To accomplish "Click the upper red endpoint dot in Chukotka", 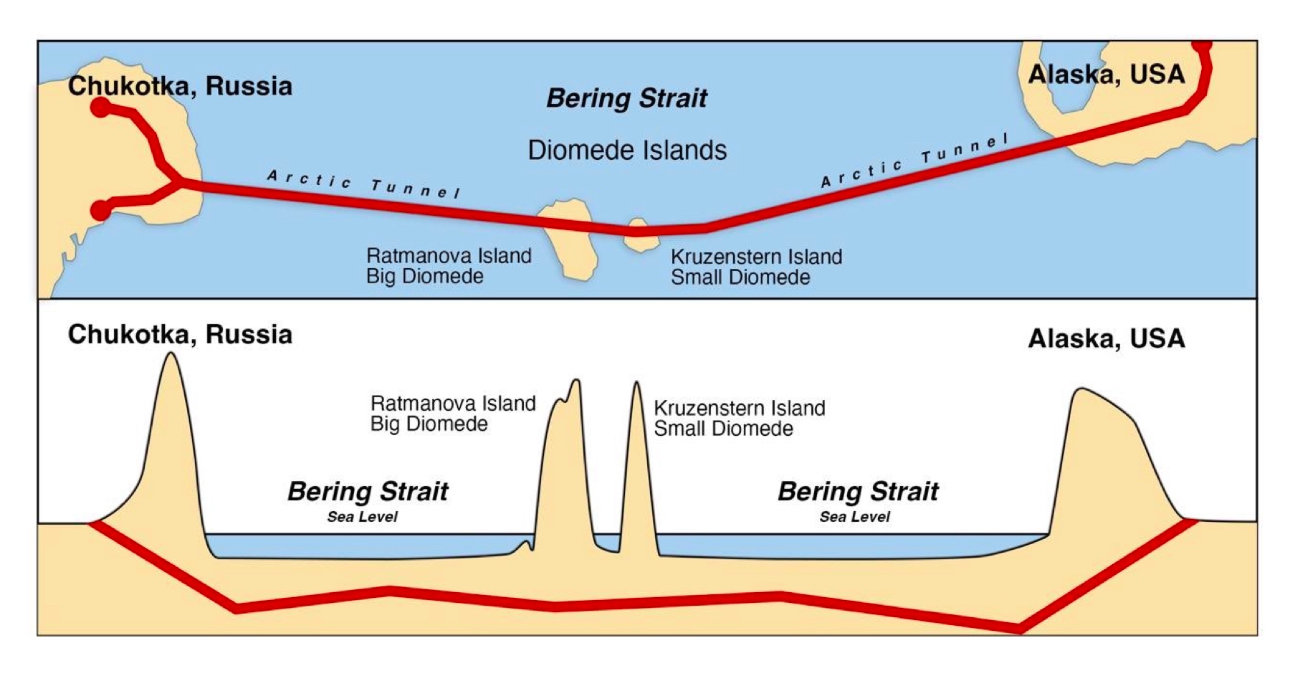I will (x=101, y=108).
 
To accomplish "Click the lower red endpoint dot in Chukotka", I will (x=101, y=210).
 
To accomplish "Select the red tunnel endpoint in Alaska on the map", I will (x=1202, y=45).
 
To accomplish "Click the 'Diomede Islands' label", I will (x=627, y=151).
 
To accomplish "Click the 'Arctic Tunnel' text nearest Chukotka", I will (x=363, y=184).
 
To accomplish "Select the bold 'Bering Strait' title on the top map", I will (x=626, y=98).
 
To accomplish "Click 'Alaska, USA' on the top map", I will (x=1106, y=75).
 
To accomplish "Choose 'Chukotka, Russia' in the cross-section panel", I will (x=180, y=335).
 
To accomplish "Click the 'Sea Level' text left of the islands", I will (x=362, y=517).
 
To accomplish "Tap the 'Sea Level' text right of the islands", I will (x=854, y=517).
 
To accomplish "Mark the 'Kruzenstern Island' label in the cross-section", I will (x=740, y=408).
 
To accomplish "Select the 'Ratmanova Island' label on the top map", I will (x=449, y=256).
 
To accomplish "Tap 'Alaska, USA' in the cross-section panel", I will (x=1106, y=338).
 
